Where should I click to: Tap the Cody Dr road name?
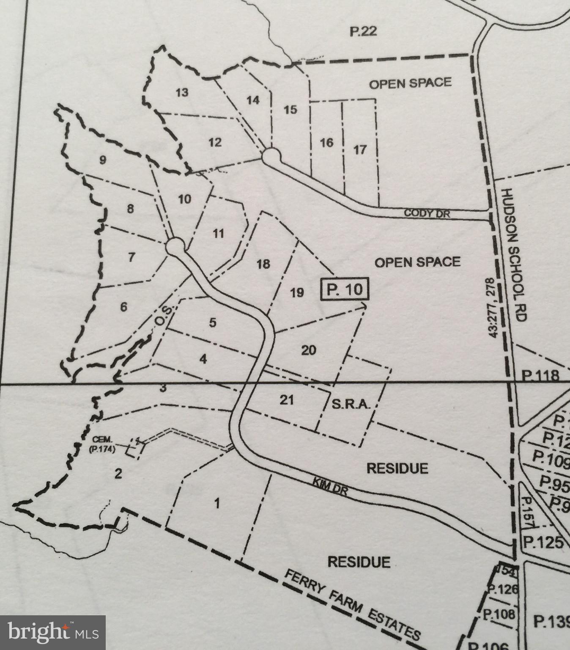[x=427, y=213]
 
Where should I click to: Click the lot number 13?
[x=182, y=92]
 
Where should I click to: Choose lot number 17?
[x=359, y=149]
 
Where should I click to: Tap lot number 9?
[x=102, y=160]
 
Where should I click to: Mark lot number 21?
[x=287, y=399]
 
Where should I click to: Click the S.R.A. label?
[x=351, y=405]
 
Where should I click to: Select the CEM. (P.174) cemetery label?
[x=102, y=445]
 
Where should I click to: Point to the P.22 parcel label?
[x=363, y=31]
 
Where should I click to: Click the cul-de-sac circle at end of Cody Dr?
[x=271, y=155]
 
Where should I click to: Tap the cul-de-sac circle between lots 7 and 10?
[x=175, y=246]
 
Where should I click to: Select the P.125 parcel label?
[x=543, y=543]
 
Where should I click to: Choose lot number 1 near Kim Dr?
[x=217, y=504]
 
